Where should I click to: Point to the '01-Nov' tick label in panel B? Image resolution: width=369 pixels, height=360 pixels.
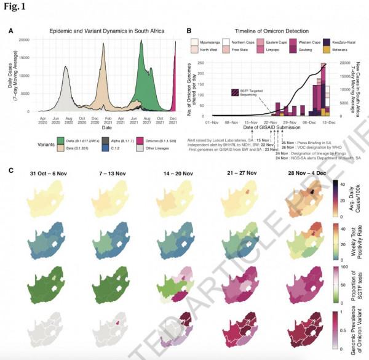pos(213,122)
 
